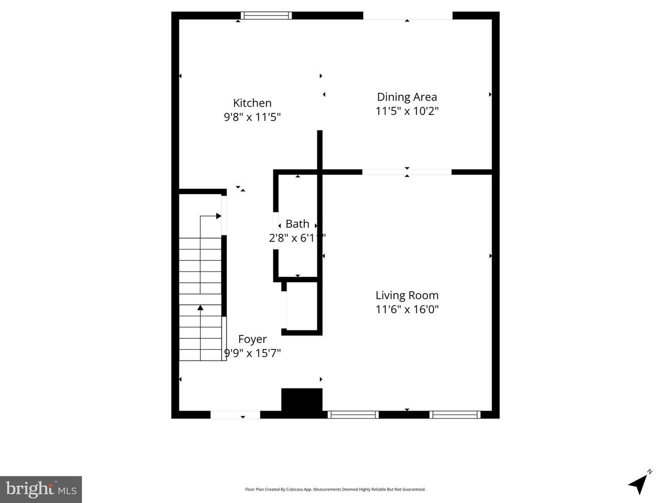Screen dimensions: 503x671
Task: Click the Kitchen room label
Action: pos(252,103)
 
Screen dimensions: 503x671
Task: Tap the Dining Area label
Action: pos(407,97)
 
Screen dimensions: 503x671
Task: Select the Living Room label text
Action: pos(407,295)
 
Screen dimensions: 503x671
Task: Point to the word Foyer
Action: pos(252,339)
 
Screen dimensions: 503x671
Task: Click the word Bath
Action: pos(297,224)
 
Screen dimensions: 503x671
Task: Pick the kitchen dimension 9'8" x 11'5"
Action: pos(252,117)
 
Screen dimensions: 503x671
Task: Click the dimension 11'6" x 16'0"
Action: pos(407,309)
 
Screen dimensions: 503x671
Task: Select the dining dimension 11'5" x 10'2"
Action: pos(407,111)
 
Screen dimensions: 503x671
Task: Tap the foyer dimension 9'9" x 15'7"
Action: pos(252,353)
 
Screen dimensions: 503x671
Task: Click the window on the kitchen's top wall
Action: pos(267,15)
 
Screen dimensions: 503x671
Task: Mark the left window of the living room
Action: pos(353,415)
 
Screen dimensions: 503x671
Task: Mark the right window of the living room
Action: pos(455,415)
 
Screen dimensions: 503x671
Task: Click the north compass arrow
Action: pos(639,484)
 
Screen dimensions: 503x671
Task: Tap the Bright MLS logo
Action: pos(41,489)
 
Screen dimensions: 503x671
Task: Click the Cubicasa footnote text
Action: pos(335,489)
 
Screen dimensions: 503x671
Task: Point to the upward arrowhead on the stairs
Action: pos(200,307)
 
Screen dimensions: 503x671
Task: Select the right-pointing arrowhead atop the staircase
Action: pos(218,216)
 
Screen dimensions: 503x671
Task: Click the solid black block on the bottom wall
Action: pos(302,400)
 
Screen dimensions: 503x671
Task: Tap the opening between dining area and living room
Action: pos(407,172)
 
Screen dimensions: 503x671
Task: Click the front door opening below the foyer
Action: pos(235,415)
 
